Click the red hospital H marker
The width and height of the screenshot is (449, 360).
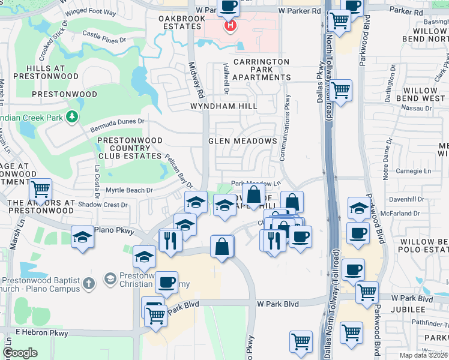coord(229,26)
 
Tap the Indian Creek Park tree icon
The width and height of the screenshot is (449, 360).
coord(73,115)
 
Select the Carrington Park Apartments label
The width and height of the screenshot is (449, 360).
coord(261,70)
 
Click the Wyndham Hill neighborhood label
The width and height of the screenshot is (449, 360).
coord(223,106)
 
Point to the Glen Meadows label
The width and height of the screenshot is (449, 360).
coord(243,141)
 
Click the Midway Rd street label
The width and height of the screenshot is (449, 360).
coord(194,77)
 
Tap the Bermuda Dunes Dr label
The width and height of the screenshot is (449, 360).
coord(118,124)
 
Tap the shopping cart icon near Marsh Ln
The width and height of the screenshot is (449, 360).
coord(41,190)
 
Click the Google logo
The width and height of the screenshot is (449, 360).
coord(20,353)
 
